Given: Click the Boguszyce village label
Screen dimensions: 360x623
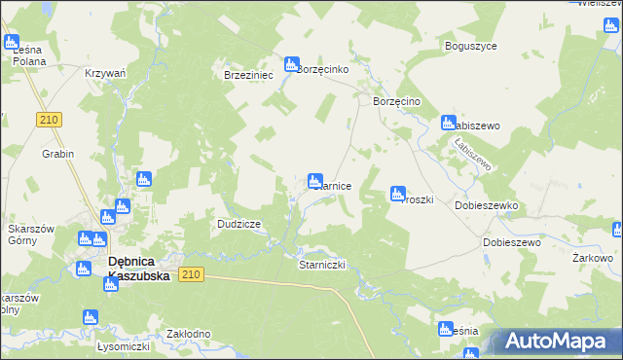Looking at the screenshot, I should pyautogui.click(x=470, y=46).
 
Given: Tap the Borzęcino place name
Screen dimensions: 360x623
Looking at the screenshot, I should pyautogui.click(x=396, y=101).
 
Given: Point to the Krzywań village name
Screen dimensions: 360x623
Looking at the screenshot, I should pyautogui.click(x=106, y=74).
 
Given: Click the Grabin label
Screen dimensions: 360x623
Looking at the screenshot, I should pyautogui.click(x=58, y=154).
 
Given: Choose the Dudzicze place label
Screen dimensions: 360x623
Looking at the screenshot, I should pyautogui.click(x=238, y=224).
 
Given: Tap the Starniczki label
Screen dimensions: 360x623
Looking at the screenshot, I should pyautogui.click(x=321, y=264).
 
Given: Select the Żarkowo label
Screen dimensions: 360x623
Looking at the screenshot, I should pyautogui.click(x=593, y=258).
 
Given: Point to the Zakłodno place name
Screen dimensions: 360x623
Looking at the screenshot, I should pyautogui.click(x=189, y=334).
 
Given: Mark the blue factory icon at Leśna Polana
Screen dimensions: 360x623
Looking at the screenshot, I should pyautogui.click(x=12, y=43).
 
